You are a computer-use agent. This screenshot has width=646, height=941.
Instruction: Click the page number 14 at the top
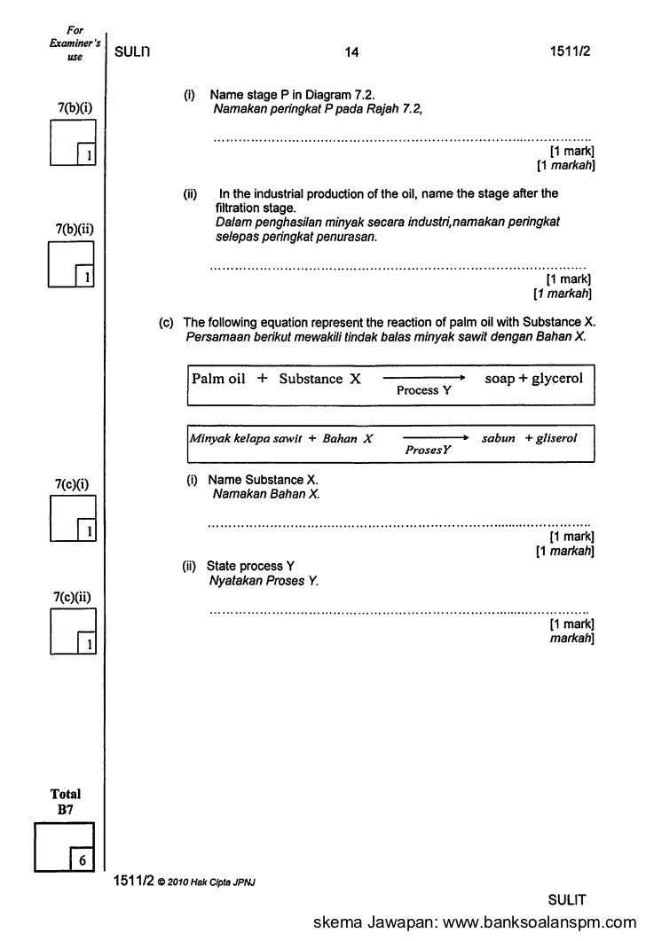352,52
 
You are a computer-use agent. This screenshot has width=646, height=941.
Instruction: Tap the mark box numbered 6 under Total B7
82,859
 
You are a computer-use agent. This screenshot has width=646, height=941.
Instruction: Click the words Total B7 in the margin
67,802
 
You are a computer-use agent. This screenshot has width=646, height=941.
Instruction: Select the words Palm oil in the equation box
218,379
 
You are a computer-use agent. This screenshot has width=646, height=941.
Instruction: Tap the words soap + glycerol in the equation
533,379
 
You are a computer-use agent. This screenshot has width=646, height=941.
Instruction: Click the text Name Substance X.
262,480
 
